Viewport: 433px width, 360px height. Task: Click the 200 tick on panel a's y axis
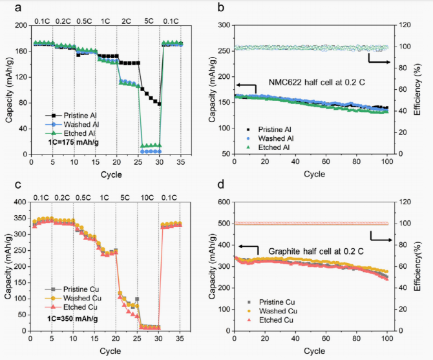(21, 25)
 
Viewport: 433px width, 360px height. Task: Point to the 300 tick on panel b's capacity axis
(224, 25)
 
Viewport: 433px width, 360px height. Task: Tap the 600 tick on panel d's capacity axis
(224, 203)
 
